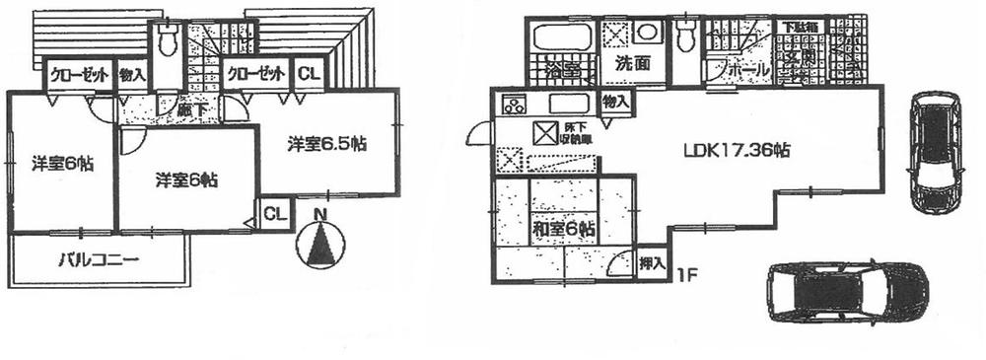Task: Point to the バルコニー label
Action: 99,262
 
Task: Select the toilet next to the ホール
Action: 687,36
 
